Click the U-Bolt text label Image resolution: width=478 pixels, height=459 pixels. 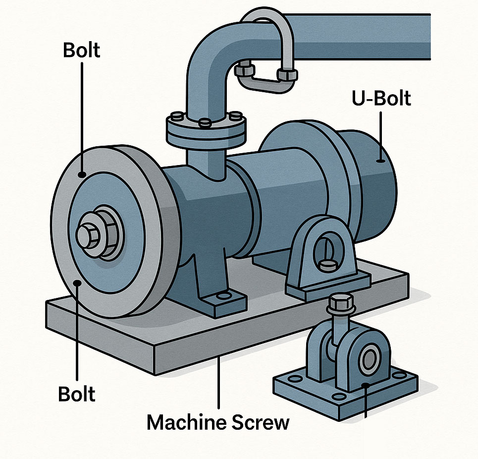tap(381, 98)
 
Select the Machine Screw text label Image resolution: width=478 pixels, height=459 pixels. tap(218, 422)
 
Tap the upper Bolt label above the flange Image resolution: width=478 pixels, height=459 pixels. tap(81, 51)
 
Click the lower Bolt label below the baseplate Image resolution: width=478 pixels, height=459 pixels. tap(77, 394)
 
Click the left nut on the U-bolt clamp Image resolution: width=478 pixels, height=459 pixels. tap(245, 68)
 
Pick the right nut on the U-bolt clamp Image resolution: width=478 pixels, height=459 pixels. tap(287, 75)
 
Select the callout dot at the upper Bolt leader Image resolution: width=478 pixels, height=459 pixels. tap(82, 174)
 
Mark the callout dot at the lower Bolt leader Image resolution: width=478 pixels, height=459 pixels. tap(77, 283)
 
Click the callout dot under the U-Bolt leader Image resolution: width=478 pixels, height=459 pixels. tap(380, 161)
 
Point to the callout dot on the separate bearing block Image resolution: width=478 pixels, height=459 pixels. tap(365, 385)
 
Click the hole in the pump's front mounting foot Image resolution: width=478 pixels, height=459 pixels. tap(224, 295)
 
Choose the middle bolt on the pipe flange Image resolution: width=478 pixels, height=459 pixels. tap(205, 123)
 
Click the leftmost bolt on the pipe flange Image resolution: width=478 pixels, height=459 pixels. tap(177, 116)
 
